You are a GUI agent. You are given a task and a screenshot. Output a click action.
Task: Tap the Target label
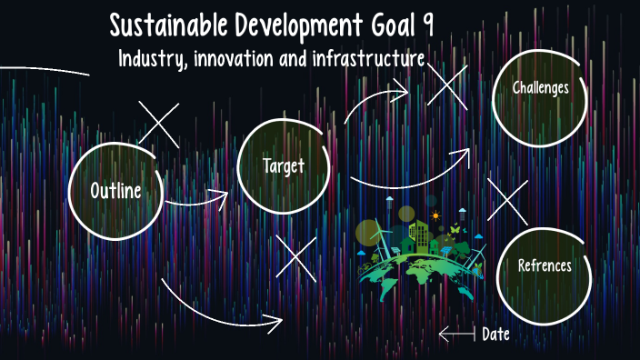coord(283,166)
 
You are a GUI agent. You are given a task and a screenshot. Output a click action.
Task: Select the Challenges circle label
coord(541,88)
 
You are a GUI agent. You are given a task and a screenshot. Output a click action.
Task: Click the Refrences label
coord(545,265)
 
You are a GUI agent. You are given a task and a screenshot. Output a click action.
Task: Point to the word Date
coord(495,335)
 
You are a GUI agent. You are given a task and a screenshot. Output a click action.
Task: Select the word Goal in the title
coord(386,25)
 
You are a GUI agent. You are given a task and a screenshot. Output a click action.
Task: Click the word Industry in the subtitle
coord(153,60)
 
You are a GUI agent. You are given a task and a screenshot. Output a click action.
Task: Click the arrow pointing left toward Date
coord(456,335)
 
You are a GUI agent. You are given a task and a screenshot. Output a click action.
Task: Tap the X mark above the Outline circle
coord(158,124)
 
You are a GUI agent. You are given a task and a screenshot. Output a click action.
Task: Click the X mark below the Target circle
coord(295,255)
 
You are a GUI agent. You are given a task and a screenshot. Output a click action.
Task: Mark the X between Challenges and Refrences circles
coord(507,200)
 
